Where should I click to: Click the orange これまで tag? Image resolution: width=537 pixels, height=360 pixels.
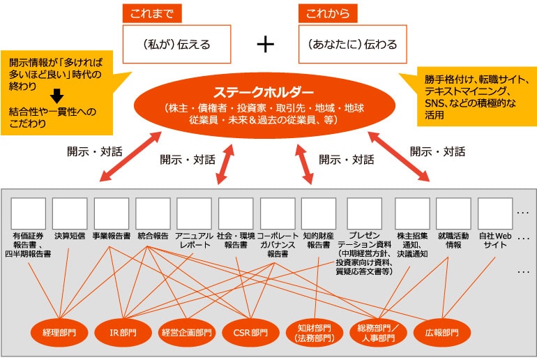[x=152, y=13]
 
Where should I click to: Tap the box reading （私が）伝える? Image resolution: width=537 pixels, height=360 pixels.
[x=176, y=44]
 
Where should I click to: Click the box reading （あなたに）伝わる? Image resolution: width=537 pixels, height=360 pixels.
[x=352, y=44]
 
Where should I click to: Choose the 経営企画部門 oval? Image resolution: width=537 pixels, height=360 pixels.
[x=186, y=332]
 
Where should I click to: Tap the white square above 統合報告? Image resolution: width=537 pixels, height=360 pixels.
[x=153, y=213]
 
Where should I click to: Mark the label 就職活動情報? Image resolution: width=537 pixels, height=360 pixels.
[x=454, y=241]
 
